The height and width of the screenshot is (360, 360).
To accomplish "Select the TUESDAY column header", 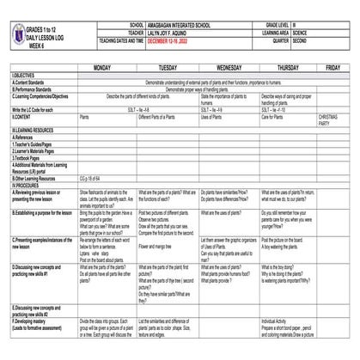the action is pyautogui.click(x=168, y=67).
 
